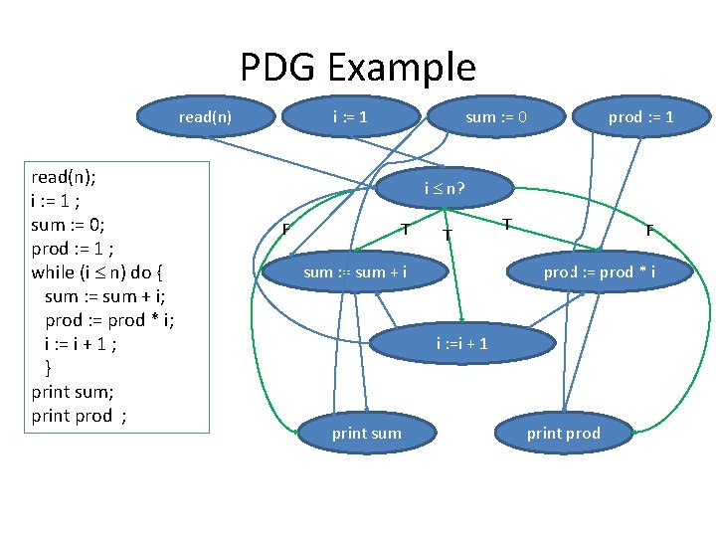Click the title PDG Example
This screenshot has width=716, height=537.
(x=358, y=68)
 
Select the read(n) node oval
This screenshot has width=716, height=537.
(x=205, y=117)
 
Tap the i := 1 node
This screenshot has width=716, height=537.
(x=350, y=117)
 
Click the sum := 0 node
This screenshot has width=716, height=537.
(x=496, y=117)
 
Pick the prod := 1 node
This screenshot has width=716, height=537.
(x=640, y=117)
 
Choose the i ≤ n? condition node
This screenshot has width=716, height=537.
(x=445, y=188)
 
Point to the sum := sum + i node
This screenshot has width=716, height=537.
(x=355, y=271)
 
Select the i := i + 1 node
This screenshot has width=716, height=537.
(x=461, y=344)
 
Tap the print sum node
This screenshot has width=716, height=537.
(x=366, y=433)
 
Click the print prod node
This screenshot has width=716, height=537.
(x=563, y=433)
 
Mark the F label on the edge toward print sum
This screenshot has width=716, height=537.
(x=285, y=231)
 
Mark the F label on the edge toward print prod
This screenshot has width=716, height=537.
(x=648, y=231)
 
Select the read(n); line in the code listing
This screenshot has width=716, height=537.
(x=64, y=177)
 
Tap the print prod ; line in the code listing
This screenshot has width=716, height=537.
(x=79, y=416)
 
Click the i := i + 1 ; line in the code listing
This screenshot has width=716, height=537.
(x=81, y=343)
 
